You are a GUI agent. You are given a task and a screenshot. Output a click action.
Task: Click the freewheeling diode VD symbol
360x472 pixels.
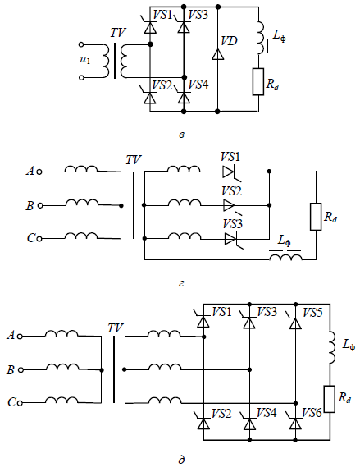[x=218, y=54]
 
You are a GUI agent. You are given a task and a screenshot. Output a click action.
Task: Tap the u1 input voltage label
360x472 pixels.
[x=84, y=60]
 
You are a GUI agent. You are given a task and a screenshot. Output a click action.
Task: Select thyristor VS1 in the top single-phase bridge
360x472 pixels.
[x=150, y=26]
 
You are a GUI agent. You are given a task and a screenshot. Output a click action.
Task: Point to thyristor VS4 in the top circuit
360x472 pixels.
[x=184, y=96]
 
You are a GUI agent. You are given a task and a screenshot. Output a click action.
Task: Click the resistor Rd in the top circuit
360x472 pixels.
[x=258, y=81]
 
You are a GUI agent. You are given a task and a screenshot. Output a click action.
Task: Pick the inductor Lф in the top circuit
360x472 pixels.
[x=262, y=38]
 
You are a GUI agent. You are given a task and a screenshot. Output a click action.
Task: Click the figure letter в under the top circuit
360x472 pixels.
[x=181, y=135]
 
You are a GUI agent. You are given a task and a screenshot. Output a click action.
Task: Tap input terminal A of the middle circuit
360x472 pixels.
[x=39, y=172]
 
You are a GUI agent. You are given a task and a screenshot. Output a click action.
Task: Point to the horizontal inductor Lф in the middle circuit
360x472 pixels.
[x=285, y=257]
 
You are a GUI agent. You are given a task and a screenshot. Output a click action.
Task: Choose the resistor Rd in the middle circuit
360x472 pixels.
[x=316, y=217]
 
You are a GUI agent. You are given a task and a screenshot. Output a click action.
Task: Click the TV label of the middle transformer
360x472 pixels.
[x=133, y=160]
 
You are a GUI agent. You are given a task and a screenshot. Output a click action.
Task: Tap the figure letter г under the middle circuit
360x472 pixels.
[x=181, y=283]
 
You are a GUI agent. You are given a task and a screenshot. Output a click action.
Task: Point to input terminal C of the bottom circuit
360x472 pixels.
[x=20, y=403]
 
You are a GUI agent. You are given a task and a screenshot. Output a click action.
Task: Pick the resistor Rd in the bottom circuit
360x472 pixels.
[x=330, y=399]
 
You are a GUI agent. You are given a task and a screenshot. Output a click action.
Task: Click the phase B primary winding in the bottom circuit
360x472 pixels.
[x=62, y=367]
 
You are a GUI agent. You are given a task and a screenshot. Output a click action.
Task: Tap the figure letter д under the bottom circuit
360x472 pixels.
[x=181, y=460]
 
